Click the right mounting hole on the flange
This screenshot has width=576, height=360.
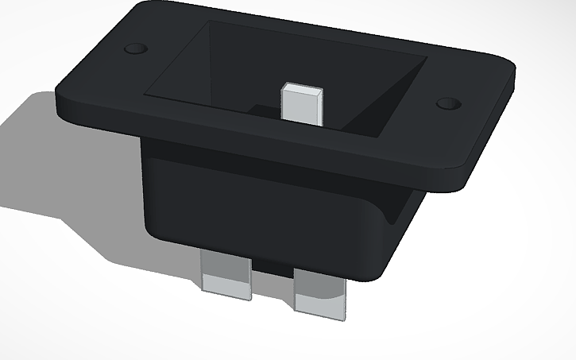pyautogui.click(x=449, y=104)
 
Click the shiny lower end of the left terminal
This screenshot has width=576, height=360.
pyautogui.click(x=226, y=290)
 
